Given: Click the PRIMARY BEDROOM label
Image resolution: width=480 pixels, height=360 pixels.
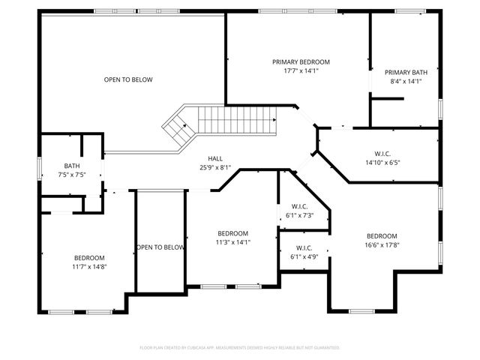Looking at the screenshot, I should coord(300,62).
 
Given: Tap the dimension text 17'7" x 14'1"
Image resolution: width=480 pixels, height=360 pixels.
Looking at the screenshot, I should coord(300,71).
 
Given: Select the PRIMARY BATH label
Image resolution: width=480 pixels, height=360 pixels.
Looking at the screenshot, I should coord(406,73).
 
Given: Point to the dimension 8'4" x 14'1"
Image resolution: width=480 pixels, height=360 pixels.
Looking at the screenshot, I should coord(406,82).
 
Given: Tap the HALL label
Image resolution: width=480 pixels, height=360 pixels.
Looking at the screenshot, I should coord(215,158).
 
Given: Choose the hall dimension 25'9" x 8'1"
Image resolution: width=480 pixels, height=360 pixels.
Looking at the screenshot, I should coord(215,167).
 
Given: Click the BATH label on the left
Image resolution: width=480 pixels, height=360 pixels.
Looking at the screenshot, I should coord(72,166).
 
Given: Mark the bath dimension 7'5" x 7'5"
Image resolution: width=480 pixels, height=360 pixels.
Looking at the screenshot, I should coord(72,175).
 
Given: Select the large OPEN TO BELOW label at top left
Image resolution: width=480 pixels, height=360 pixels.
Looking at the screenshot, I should coord(128,79).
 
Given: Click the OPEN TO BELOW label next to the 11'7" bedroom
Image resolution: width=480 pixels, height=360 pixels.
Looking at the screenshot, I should coord(160,247).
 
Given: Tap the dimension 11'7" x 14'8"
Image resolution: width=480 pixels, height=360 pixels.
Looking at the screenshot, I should coord(89,266).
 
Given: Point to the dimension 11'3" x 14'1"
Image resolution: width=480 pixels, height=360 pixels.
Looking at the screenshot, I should coord(233,242).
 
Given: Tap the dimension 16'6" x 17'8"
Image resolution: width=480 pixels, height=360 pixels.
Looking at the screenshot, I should coord(382,244).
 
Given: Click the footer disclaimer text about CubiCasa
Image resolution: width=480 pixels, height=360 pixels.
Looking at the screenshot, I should coord(240,347).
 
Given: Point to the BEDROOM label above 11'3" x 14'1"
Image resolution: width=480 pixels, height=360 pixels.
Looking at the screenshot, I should coord(233,233).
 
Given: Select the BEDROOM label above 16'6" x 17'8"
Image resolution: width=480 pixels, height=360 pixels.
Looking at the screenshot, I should coord(382,235).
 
